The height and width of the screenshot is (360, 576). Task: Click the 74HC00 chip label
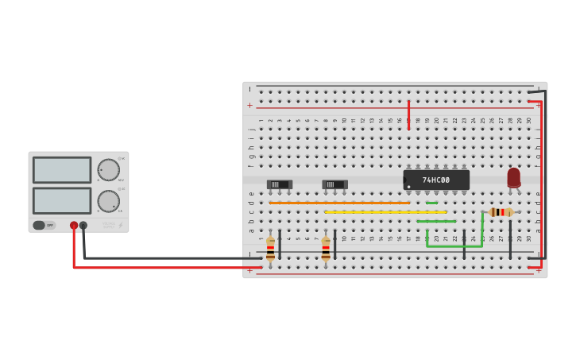point(435,180)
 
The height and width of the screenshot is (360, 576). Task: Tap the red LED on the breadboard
point(513,177)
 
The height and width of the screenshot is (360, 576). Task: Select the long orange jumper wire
point(339,203)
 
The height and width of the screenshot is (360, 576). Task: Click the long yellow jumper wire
point(385,212)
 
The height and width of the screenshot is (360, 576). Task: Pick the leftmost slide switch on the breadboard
point(279,184)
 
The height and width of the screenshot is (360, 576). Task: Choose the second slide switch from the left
point(334,184)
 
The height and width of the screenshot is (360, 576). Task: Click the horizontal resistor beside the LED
point(501,212)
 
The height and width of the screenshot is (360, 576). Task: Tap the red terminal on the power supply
point(74,226)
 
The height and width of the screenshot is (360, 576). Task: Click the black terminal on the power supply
point(83,226)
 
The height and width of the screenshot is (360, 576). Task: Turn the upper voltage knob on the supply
point(108,170)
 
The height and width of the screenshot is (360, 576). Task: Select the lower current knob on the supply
point(108,201)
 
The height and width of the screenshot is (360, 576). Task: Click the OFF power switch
point(44,225)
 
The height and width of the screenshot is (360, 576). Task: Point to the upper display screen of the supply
point(62,169)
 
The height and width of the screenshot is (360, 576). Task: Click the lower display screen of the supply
point(62,200)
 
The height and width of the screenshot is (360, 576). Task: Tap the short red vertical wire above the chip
point(408,114)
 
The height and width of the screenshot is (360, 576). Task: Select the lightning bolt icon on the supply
point(121,225)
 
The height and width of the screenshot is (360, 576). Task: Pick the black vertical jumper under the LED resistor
point(510,238)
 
